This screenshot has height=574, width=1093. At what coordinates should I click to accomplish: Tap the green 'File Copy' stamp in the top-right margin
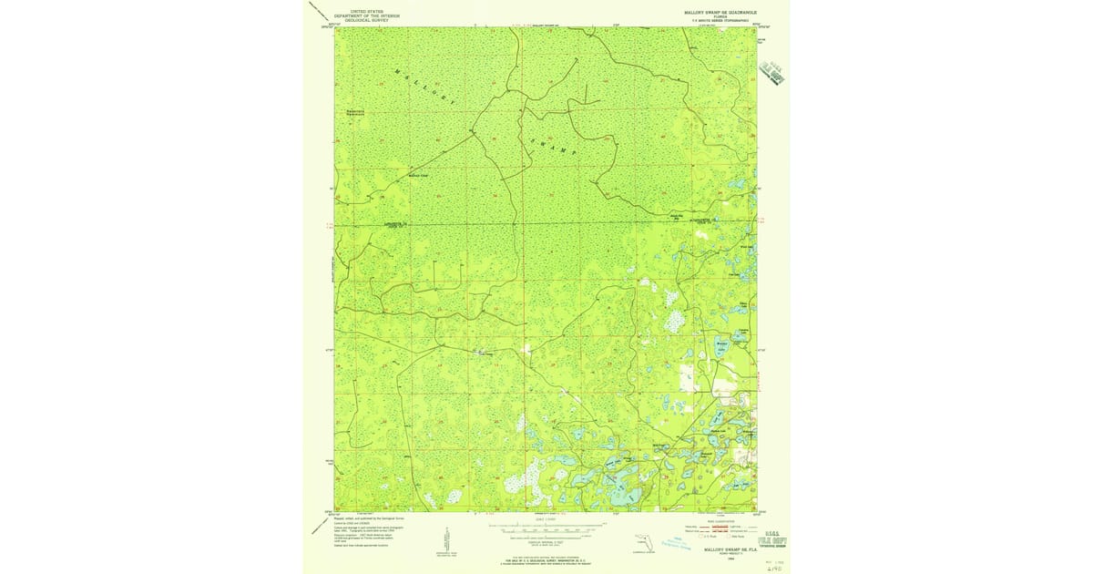pyautogui.click(x=772, y=74)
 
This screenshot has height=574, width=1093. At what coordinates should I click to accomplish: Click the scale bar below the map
pyautogui.click(x=546, y=526)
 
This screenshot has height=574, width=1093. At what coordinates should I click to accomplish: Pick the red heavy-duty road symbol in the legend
pyautogui.click(x=720, y=526)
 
